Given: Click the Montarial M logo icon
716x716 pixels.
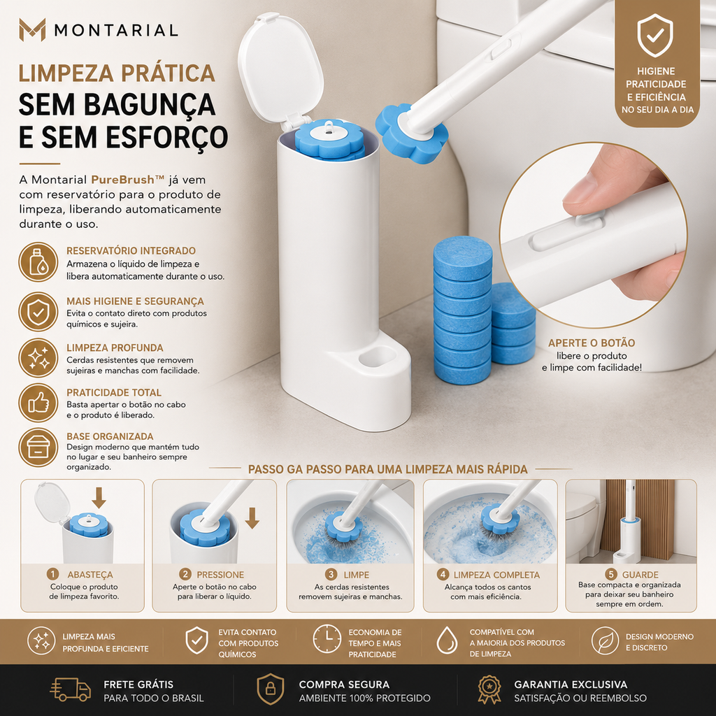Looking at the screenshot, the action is pos(32,29).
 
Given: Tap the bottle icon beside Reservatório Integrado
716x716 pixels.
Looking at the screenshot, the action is pos(38,262).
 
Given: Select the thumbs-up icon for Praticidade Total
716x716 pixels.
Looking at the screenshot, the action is pos(38,403).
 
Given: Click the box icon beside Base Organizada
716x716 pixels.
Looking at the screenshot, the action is pos(38,447).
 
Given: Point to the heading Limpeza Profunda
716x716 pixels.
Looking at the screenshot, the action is pos(115,348).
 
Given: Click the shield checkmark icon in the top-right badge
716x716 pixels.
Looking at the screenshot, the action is pos(655,35).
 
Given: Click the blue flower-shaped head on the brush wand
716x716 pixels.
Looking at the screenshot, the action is pos(411,132).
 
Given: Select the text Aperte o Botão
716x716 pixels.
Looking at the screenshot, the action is pos(592,343).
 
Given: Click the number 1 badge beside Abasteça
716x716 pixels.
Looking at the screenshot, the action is pos(53,574).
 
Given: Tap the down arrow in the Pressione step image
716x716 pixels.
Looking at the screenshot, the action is pos(252,518).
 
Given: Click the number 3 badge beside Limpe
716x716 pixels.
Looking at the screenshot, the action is pos(331,575).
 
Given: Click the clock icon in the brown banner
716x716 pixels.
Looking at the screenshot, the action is pos(327,639).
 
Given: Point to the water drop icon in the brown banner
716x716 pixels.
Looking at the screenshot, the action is pos(447,640).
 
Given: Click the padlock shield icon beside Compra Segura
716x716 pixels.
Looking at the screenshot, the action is pos(271,689).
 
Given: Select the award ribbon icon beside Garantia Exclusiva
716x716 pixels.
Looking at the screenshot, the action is pos(489,689).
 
